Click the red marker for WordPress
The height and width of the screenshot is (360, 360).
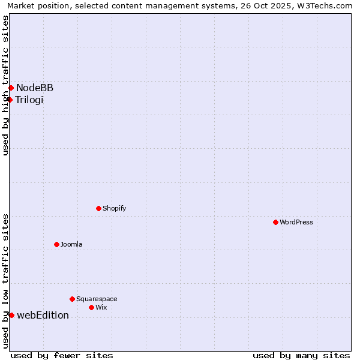pyautogui.click(x=275, y=222)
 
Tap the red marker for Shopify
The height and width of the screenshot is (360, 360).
pyautogui.click(x=98, y=208)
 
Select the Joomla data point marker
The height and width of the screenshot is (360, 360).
pyautogui.click(x=56, y=244)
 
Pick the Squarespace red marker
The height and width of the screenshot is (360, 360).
pyautogui.click(x=72, y=299)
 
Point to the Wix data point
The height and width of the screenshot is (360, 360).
pyautogui.click(x=91, y=307)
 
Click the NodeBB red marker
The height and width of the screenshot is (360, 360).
pyautogui.click(x=11, y=88)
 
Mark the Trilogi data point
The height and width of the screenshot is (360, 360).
pyautogui.click(x=10, y=100)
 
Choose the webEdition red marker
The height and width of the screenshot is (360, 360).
pyautogui.click(x=11, y=315)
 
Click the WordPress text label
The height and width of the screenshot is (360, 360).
pyautogui.click(x=296, y=222)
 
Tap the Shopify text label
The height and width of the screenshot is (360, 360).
pyautogui.click(x=114, y=208)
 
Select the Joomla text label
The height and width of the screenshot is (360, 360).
pyautogui.click(x=71, y=244)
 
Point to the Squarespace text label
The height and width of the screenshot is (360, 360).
pyautogui.click(x=97, y=299)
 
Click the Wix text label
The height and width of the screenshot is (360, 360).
pyautogui.click(x=101, y=307)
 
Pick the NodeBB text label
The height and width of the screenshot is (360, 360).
pyautogui.click(x=35, y=88)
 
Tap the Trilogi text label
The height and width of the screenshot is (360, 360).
pyautogui.click(x=29, y=100)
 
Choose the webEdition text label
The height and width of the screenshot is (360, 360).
pyautogui.click(x=43, y=315)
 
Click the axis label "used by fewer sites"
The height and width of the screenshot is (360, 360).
pyautogui.click(x=62, y=355)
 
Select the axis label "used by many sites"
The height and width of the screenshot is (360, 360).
pyautogui.click(x=301, y=355)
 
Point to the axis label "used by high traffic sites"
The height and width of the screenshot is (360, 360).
pyautogui.click(x=5, y=85)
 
